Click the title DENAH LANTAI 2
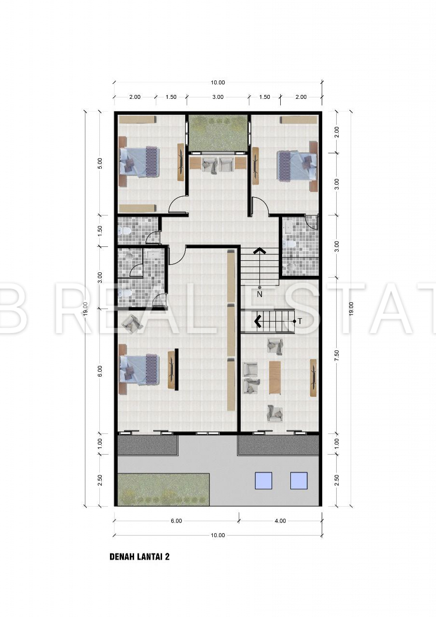coord(139,556)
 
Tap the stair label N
coord(259,295)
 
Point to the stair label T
coord(300,321)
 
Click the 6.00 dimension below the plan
coord(177,521)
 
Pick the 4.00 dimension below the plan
coord(280,521)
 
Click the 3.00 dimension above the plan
coord(218,97)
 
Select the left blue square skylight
coord(263,481)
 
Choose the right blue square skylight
coord(299,481)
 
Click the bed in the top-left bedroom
coord(139,161)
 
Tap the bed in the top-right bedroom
coord(297,165)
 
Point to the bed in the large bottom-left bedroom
coord(139,369)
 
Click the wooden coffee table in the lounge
coord(275,377)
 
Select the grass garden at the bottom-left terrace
coord(163,489)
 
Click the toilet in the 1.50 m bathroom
coord(124,230)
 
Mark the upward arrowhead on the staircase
coord(259,251)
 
